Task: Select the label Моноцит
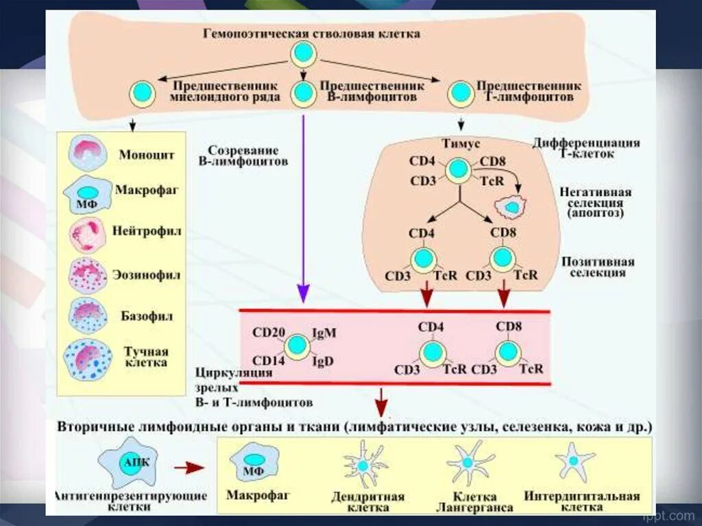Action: pos(146,155)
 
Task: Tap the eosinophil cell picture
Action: pos(87,275)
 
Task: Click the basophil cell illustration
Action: pos(87,315)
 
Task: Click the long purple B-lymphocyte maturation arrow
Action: pos(303,206)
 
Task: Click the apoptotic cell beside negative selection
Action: pos(511,205)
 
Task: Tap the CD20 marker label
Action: pos(268,333)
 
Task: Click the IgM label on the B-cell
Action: pos(324,334)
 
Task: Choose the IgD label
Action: pos(324,361)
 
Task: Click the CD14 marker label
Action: pos(268,361)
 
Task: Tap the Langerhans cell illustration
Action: pos(470,463)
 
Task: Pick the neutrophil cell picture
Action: pos(87,235)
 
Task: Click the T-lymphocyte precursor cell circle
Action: pos(457,94)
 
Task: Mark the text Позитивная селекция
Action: pos(597,267)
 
